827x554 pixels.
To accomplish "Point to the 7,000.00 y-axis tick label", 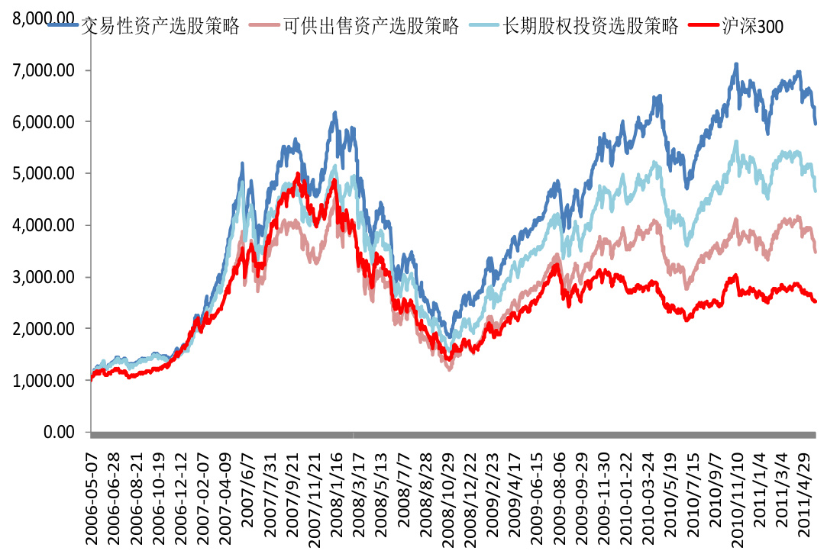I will (x=47, y=71).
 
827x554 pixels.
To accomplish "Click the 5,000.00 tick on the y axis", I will (x=47, y=174).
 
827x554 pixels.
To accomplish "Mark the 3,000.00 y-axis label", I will (x=47, y=277).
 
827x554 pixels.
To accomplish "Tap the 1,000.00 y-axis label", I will (x=47, y=381).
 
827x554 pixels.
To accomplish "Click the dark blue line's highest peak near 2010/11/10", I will (x=736, y=64).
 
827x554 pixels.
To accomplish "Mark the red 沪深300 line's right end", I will (x=816, y=301).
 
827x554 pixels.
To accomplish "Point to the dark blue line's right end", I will (x=816, y=123).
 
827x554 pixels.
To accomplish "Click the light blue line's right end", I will (x=816, y=191).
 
